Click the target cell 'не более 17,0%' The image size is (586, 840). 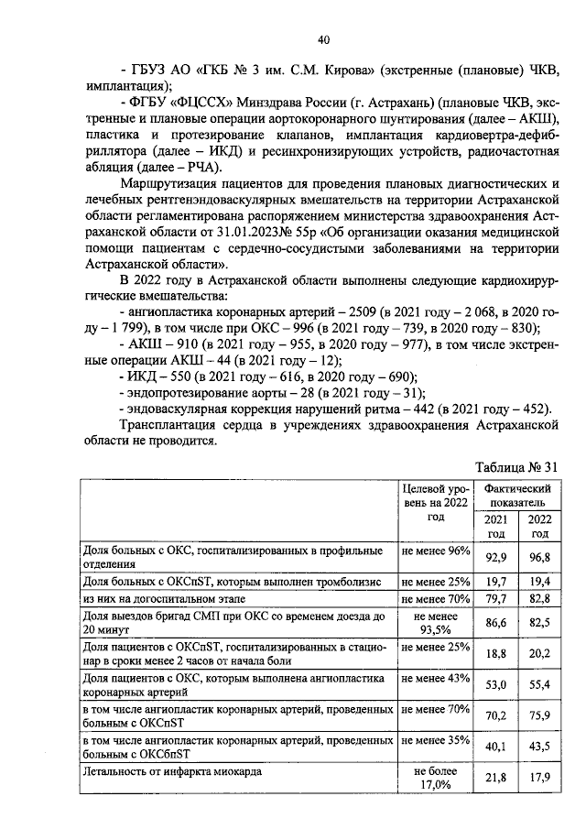click(435, 778)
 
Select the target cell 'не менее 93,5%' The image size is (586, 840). click(435, 622)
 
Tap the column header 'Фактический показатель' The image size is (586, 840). click(516, 496)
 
